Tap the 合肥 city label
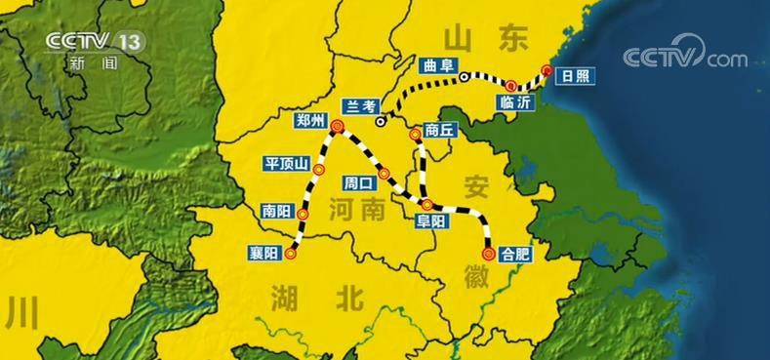tap(514, 253)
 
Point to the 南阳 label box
tap(276, 209)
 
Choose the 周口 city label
tap(358, 182)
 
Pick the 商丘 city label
tap(441, 129)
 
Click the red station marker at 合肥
tap(489, 252)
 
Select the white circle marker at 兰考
tap(381, 122)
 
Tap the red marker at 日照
tap(547, 71)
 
